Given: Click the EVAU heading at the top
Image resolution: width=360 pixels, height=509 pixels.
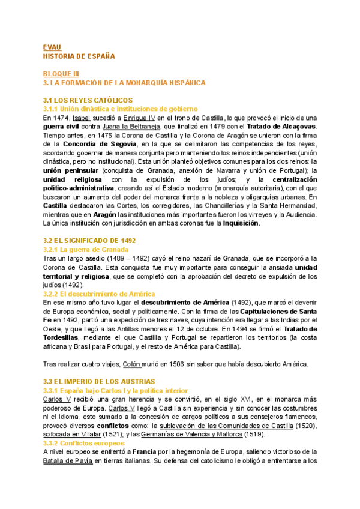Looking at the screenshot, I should coord(52,47).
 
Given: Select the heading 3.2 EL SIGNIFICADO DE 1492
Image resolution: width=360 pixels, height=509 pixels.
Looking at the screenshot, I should coord(89,241).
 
